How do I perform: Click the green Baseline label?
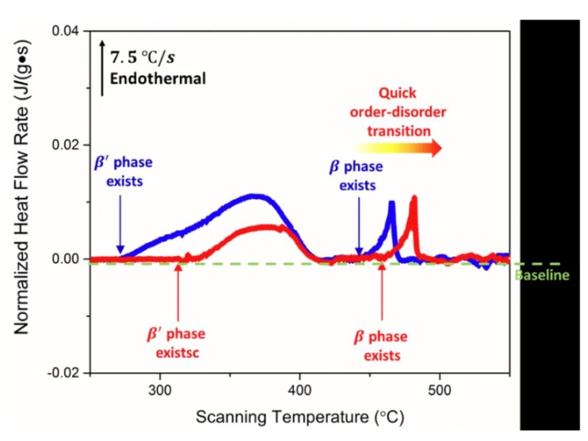point(543,276)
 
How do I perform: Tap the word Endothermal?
point(158,79)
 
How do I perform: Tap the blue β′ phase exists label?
point(123,170)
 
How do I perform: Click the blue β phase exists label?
point(356,176)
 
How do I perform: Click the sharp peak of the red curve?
point(413,198)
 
